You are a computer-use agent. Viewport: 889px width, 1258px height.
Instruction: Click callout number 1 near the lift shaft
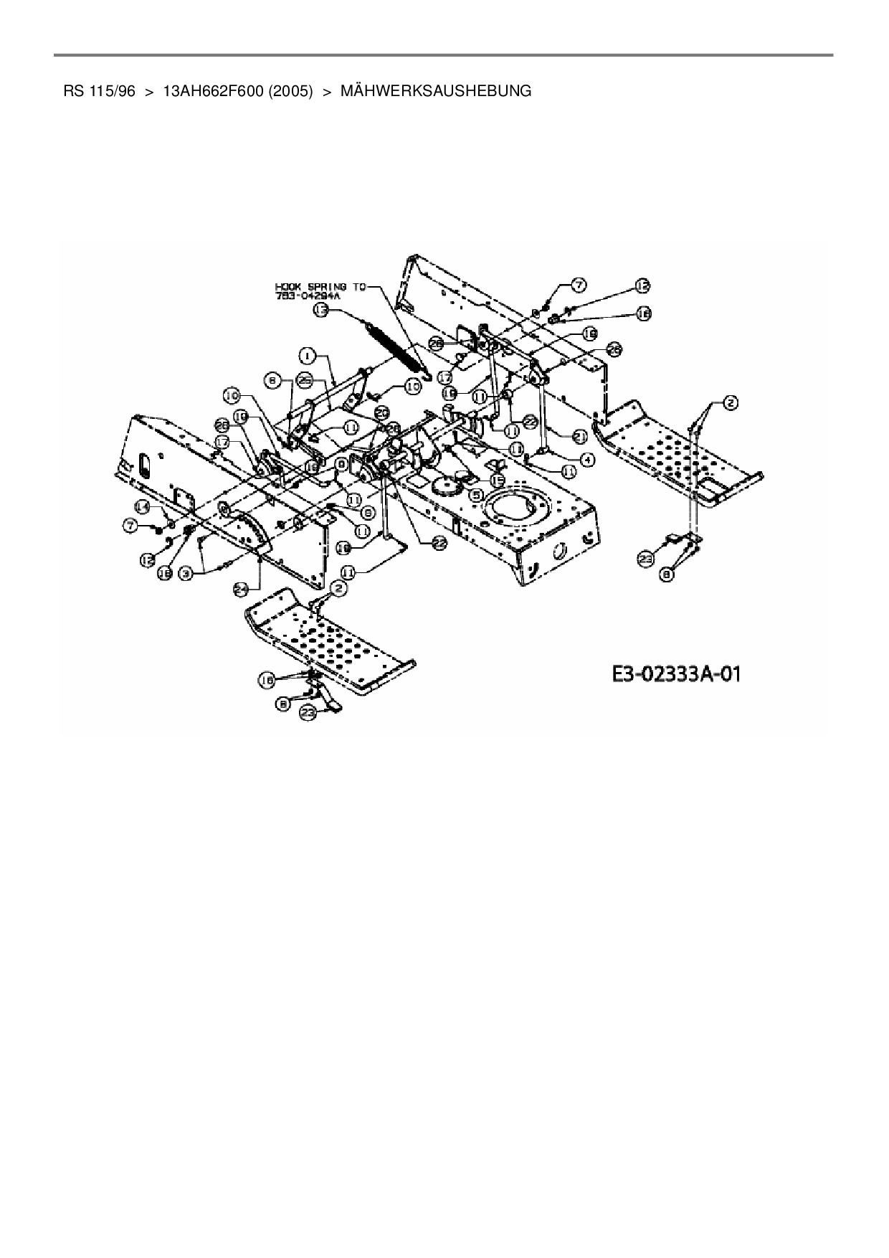click(305, 354)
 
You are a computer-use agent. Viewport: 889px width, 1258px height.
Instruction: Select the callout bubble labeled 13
click(320, 310)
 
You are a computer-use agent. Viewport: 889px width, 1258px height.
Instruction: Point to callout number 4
click(587, 459)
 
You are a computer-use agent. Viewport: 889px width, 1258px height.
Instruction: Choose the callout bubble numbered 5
click(475, 493)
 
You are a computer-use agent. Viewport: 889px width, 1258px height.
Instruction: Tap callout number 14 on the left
click(143, 506)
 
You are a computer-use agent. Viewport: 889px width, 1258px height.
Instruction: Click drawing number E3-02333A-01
click(675, 674)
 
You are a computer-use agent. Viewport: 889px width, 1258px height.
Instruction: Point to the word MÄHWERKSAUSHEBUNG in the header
click(436, 91)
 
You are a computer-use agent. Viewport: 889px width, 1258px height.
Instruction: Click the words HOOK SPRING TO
click(320, 286)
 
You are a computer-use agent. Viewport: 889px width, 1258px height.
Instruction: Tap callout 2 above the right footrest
click(730, 404)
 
